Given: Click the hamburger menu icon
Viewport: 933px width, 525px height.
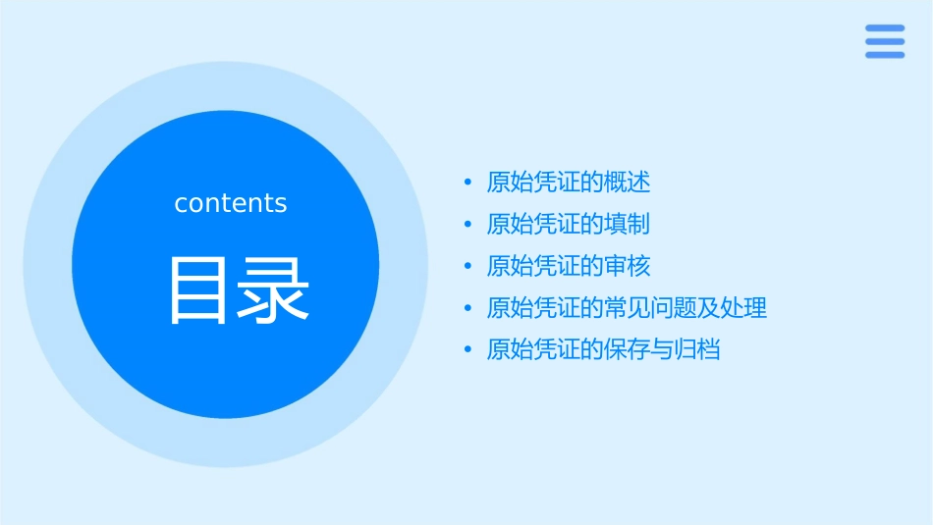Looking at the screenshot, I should (x=885, y=41).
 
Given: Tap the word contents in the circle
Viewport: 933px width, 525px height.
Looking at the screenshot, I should (x=231, y=203).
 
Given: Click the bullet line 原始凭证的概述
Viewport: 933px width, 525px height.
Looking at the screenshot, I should (x=569, y=183).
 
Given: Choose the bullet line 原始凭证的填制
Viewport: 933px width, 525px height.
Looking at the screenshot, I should (x=569, y=224).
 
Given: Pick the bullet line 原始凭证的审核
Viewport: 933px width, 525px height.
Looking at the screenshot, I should (x=569, y=266).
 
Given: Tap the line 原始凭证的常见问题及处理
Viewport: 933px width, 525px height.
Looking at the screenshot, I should (x=627, y=308).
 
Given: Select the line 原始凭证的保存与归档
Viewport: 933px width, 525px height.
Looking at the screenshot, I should (x=603, y=349).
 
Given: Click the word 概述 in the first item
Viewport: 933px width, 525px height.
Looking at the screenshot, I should (x=628, y=183).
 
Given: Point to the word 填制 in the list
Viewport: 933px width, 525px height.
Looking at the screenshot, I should (x=628, y=224).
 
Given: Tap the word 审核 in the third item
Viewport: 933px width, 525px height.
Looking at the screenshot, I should (x=628, y=266).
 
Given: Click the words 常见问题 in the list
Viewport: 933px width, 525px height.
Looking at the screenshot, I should (x=650, y=308).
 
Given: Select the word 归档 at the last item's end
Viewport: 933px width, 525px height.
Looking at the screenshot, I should (x=697, y=349).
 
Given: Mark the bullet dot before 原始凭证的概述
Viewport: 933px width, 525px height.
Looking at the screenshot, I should (x=468, y=183).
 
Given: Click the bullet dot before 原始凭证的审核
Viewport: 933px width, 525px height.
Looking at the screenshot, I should (x=468, y=266).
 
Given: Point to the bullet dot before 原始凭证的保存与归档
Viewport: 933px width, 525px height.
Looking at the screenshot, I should (x=468, y=349).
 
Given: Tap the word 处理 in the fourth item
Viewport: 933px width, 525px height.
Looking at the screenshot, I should (x=743, y=308).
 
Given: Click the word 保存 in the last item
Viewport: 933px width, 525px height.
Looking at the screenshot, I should (x=628, y=349).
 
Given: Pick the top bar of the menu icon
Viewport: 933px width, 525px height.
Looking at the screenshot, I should (x=885, y=28).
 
